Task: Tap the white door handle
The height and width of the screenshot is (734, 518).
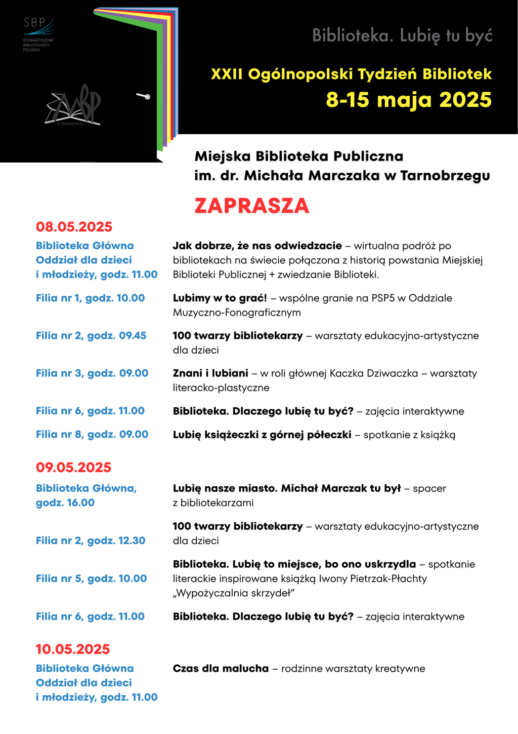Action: (x=143, y=96)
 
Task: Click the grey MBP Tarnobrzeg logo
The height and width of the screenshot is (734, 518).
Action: (x=73, y=107)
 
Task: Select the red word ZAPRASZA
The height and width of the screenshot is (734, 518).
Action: (x=251, y=206)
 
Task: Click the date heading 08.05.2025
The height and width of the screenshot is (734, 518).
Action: (x=74, y=226)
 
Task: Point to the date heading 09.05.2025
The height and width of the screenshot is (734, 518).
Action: (x=73, y=467)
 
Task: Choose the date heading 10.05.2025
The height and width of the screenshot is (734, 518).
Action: (x=73, y=649)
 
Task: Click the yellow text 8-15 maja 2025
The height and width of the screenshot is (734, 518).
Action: (x=409, y=99)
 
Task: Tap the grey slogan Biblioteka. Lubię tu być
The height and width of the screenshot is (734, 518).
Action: (x=402, y=35)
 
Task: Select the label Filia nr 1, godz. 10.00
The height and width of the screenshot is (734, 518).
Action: (x=90, y=298)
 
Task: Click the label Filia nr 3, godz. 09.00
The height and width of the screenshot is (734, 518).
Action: (x=92, y=373)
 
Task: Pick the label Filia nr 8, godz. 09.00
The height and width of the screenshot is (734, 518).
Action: (x=92, y=434)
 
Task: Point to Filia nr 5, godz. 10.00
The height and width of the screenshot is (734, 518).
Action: (x=91, y=578)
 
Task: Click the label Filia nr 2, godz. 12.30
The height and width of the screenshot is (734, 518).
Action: (x=91, y=540)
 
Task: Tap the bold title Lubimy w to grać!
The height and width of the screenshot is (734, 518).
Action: (x=220, y=298)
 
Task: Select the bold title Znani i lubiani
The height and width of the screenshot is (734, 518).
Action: (x=210, y=373)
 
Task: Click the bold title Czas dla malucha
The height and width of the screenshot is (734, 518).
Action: (x=221, y=668)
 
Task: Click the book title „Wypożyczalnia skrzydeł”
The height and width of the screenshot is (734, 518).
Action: (x=234, y=593)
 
